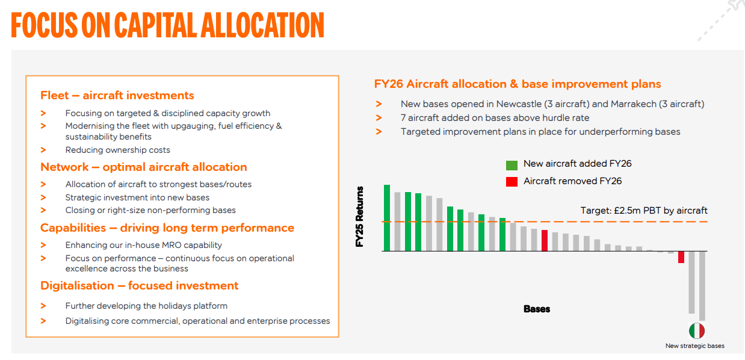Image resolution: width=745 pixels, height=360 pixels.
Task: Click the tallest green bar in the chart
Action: click(x=387, y=218)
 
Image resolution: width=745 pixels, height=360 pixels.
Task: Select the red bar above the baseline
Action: click(x=545, y=241)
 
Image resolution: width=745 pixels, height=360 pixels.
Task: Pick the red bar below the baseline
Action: click(x=681, y=257)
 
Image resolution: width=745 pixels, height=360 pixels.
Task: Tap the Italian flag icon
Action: click(x=696, y=331)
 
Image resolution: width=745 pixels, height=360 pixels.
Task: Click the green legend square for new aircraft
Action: click(x=512, y=165)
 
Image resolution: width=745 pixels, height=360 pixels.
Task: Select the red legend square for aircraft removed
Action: click(x=512, y=182)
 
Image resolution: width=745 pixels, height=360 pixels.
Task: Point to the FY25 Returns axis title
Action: click(x=359, y=217)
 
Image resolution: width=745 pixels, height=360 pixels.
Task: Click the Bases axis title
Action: click(x=537, y=309)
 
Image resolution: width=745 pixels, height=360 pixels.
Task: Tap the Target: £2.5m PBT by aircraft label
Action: click(x=644, y=211)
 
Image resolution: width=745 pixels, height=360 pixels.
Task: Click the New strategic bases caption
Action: click(x=695, y=346)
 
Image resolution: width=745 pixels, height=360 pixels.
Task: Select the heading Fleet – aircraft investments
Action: click(x=117, y=96)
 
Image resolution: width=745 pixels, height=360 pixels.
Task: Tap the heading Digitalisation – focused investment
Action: click(x=140, y=286)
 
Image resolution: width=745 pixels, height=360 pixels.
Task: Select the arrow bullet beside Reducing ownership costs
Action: click(x=43, y=150)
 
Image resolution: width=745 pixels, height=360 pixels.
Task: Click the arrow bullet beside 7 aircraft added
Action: click(x=379, y=118)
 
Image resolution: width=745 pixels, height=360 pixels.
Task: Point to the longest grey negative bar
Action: click(x=702, y=286)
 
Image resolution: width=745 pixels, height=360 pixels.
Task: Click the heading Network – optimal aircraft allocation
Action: click(x=144, y=167)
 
